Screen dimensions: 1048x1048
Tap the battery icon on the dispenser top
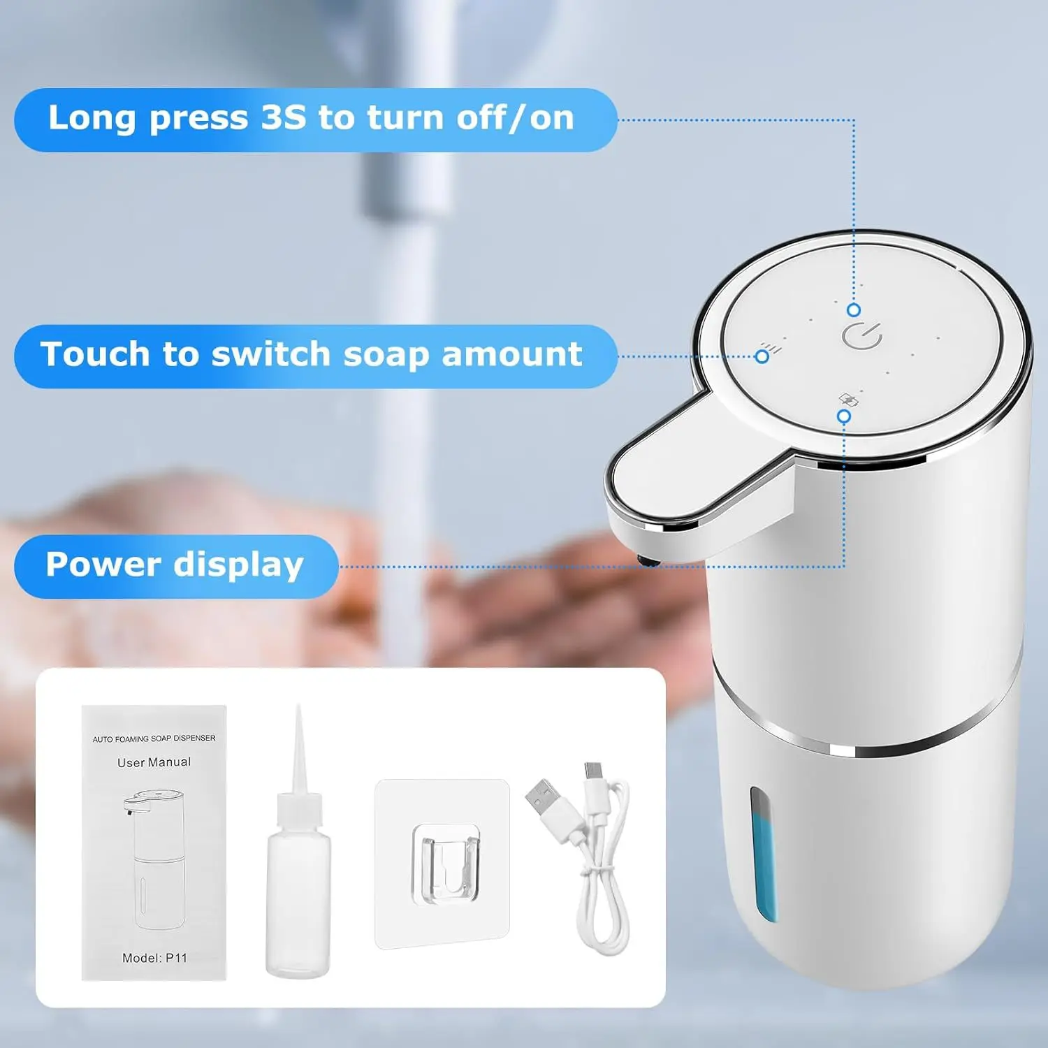point(848,400)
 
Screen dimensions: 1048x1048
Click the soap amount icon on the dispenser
point(771,347)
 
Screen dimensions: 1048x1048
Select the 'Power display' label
point(175,565)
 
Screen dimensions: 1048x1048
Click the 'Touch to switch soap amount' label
point(312,355)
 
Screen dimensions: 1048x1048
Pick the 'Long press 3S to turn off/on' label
point(312,119)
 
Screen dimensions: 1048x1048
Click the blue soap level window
point(763,853)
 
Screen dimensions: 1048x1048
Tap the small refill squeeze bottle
point(298,880)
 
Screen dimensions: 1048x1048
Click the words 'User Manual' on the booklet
point(154,762)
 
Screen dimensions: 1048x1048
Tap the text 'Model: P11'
point(154,958)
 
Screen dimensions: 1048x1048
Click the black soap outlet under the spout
point(648,560)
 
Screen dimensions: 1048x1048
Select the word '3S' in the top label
point(283,117)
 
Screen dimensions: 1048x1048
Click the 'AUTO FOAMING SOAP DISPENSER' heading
point(154,738)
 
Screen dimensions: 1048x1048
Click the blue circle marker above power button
point(854,310)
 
